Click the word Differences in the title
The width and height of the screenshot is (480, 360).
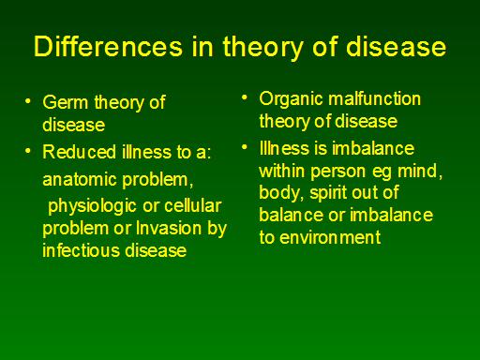click(108, 47)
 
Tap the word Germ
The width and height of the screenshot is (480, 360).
click(66, 102)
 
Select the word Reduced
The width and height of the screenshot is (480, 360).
click(80, 152)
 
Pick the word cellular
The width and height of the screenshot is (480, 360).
click(193, 205)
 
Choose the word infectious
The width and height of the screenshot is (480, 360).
click(82, 250)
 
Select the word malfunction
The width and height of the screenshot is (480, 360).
click(375, 98)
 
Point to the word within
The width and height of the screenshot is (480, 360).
click(282, 171)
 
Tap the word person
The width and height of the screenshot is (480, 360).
click(338, 172)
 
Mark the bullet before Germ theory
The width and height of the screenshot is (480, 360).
click(28, 101)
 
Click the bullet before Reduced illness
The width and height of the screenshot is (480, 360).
click(28, 151)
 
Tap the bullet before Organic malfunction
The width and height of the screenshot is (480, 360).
click(245, 97)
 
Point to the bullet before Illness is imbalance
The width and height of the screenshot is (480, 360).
click(245, 147)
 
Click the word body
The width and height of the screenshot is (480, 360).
click(280, 193)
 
